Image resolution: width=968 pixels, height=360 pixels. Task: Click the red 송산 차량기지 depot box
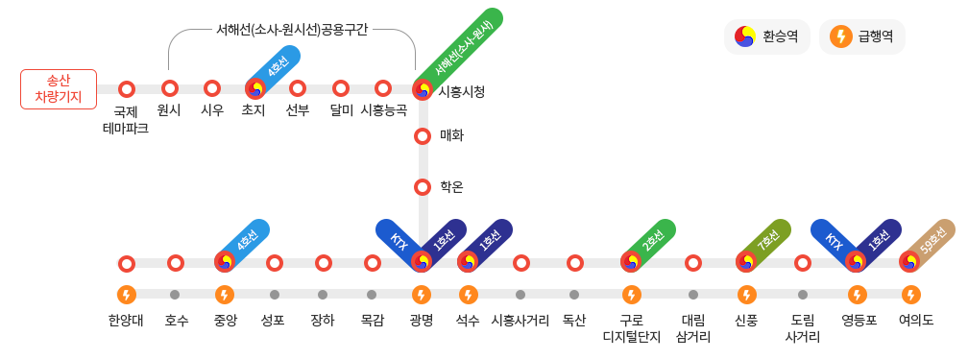coord(59,89)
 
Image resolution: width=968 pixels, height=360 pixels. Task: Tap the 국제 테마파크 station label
coord(126,120)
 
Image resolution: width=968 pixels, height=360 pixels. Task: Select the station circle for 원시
coord(169,89)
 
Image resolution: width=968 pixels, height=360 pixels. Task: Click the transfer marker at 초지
coord(255,89)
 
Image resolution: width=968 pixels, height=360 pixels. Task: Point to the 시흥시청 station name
coord(461,92)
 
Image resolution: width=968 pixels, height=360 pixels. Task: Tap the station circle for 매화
coord(423,136)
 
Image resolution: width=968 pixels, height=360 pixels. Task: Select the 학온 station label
coord(451,186)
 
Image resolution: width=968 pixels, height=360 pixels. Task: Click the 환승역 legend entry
coord(766,37)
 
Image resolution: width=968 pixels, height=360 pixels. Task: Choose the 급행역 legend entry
coord(861,37)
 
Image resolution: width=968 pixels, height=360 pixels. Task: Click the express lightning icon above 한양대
coord(127,295)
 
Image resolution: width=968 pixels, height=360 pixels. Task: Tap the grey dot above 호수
coord(176,295)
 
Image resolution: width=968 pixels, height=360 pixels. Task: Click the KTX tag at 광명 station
coord(399,242)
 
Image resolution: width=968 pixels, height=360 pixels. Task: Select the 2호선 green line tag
coord(652,242)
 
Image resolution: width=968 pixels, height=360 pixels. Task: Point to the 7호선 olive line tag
coord(767,242)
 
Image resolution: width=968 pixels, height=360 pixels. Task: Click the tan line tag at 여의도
coord(931,242)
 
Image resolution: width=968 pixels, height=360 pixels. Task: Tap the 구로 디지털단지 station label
coord(631,328)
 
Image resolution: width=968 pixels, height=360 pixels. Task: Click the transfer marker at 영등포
coord(857,262)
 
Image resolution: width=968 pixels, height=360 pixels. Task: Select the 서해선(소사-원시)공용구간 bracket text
coord(292,29)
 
